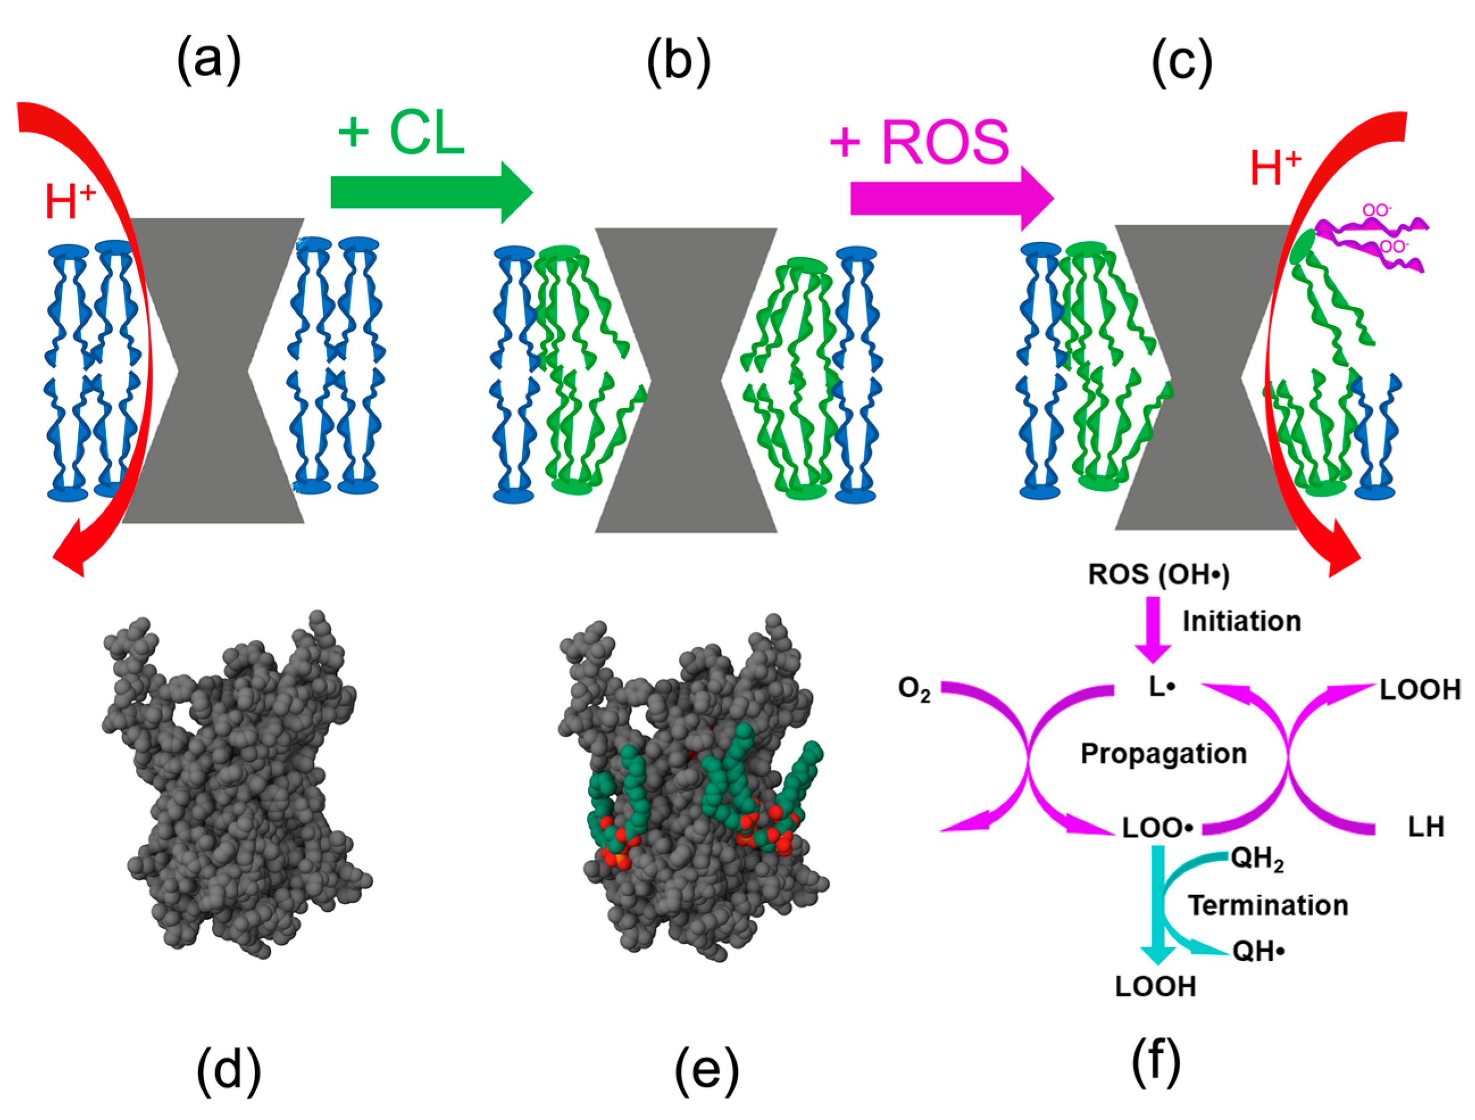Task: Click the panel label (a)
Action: [x=208, y=61]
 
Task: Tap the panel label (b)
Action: [x=678, y=61]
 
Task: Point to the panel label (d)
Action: [x=228, y=1070]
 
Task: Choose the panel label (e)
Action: [x=706, y=1070]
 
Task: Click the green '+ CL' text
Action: [x=401, y=133]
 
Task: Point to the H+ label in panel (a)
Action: [x=70, y=201]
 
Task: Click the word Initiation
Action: [x=1242, y=622]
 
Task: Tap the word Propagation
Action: [x=1164, y=754]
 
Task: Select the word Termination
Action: [x=1268, y=906]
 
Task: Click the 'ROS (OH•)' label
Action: [x=1158, y=574]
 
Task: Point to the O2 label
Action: [x=913, y=689]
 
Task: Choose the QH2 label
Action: [x=1257, y=859]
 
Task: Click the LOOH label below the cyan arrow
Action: [x=1156, y=986]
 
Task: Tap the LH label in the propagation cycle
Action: [x=1426, y=827]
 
